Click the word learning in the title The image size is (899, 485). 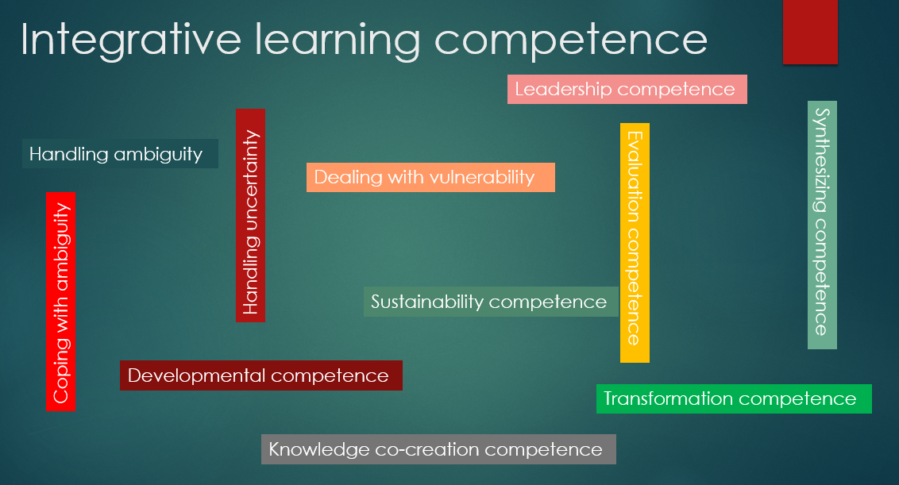point(338,40)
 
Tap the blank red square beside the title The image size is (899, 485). point(810,32)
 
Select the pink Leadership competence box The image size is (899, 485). point(627,90)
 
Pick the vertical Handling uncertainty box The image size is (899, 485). point(250,215)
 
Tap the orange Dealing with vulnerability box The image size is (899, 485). point(430,177)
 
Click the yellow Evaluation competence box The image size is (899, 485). point(635,243)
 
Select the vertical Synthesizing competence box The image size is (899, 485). point(822,225)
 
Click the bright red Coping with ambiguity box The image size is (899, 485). point(61,302)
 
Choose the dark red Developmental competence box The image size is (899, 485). point(260,375)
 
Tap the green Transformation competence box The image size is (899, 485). point(734,398)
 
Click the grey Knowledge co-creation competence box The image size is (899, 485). point(438,449)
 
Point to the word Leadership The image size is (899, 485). point(564,90)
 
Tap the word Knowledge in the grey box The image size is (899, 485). point(319,449)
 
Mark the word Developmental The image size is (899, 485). point(197,376)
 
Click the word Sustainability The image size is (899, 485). point(427,302)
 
